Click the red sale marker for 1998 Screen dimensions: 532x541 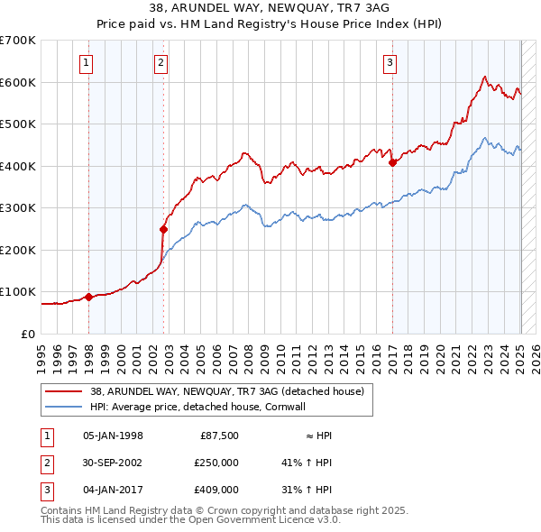point(88,297)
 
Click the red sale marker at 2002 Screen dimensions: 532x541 point(163,229)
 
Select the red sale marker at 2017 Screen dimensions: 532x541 point(392,162)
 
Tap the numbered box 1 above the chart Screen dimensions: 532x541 point(86,62)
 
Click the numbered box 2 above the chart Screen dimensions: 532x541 point(160,62)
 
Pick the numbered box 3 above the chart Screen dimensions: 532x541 point(390,62)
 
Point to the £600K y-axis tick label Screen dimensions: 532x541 point(17,82)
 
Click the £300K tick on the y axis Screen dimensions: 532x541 point(17,208)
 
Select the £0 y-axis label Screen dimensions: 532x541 point(28,334)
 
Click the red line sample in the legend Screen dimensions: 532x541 point(63,391)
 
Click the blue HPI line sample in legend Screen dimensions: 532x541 point(63,407)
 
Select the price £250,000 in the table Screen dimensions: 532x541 point(216,463)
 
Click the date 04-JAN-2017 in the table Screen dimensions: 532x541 point(113,490)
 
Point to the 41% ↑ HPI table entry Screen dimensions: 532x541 point(307,463)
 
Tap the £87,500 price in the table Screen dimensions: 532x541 point(219,436)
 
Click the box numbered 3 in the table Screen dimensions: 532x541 point(45,490)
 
